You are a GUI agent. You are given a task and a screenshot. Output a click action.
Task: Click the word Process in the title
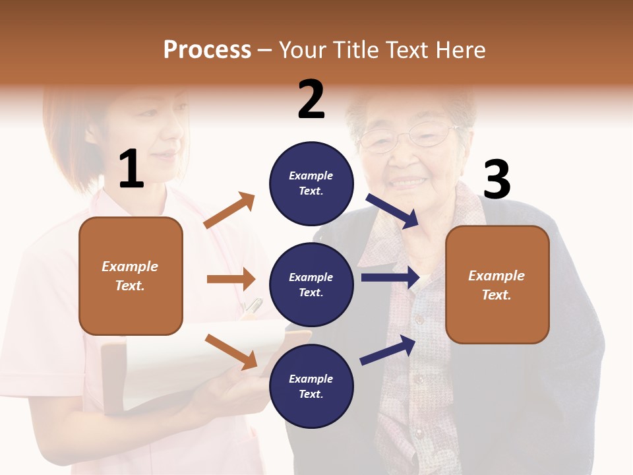pyautogui.click(x=207, y=50)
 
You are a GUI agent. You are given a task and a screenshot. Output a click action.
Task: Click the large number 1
pyautogui.click(x=131, y=170)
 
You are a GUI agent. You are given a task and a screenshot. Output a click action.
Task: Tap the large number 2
pyautogui.click(x=311, y=100)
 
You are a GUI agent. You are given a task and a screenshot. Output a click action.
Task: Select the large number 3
pyautogui.click(x=497, y=180)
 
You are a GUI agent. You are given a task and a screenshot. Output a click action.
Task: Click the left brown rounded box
pyautogui.click(x=131, y=276)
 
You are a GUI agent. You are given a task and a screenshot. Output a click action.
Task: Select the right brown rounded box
pyautogui.click(x=497, y=284)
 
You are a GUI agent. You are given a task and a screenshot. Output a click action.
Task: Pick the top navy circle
pyautogui.click(x=311, y=183)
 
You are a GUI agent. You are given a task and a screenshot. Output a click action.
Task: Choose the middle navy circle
pyautogui.click(x=311, y=284)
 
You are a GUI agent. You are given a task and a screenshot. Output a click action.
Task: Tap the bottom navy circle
pyautogui.click(x=311, y=386)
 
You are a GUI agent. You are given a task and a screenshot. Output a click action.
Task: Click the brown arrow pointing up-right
pyautogui.click(x=229, y=210)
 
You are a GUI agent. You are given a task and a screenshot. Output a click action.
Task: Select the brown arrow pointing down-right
pyautogui.click(x=231, y=351)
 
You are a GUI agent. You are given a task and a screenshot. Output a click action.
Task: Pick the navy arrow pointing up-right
pyautogui.click(x=388, y=350)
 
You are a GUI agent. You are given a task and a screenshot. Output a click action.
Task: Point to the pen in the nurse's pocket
pyautogui.click(x=253, y=306)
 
